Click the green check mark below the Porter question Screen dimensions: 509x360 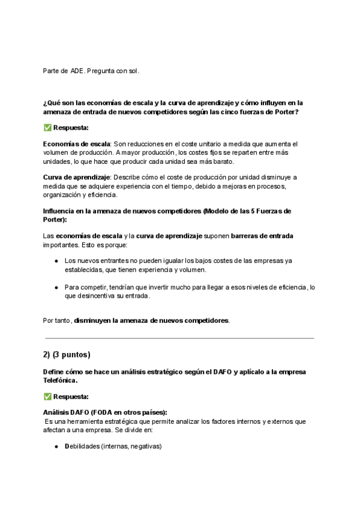tap(47, 128)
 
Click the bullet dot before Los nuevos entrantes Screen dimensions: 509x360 tap(56, 261)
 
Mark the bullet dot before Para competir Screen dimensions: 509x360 tap(56, 288)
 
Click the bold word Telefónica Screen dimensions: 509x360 tap(60, 380)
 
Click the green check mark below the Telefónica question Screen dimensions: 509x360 tap(47, 396)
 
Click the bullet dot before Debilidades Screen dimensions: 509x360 tap(56, 447)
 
